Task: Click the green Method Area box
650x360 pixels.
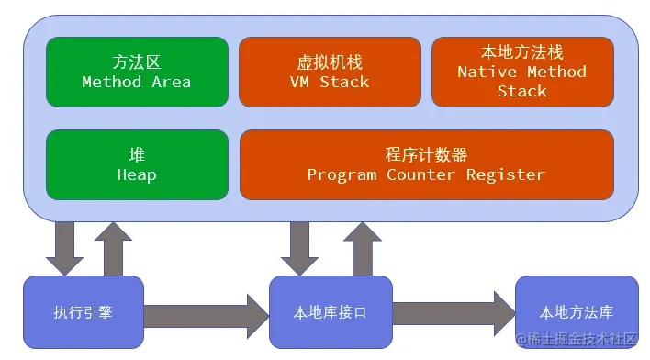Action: click(x=137, y=72)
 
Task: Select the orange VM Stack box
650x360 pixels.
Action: click(x=330, y=72)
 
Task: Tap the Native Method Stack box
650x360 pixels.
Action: click(x=522, y=72)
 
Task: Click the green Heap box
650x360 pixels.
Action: click(x=137, y=164)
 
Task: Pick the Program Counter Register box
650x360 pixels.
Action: click(x=426, y=164)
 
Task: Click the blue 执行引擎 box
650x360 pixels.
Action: click(x=83, y=312)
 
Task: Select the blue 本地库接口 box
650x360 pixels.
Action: click(x=331, y=312)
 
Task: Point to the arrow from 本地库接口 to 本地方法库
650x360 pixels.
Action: click(x=454, y=312)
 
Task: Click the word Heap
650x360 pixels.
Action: click(x=137, y=174)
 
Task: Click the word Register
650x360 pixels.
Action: click(x=505, y=174)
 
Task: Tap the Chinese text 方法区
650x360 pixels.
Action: click(x=137, y=62)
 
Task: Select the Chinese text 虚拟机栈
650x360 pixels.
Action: click(x=330, y=62)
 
